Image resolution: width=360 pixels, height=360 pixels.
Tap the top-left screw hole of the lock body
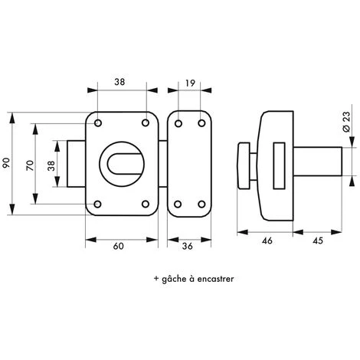click(99, 122)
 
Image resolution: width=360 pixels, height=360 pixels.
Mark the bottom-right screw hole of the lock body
click(146, 205)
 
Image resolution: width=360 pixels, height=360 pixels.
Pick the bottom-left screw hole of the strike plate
click(178, 205)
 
